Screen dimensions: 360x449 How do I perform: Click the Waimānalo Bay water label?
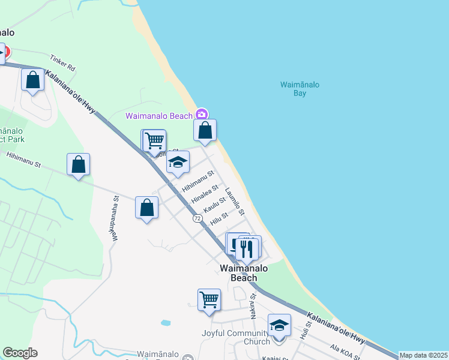point(300,89)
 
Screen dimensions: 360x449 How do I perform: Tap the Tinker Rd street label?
point(62,63)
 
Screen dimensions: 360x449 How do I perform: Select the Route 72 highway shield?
point(197,218)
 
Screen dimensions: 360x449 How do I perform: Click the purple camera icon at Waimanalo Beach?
point(202,115)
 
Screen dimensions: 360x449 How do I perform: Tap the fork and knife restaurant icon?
point(247,248)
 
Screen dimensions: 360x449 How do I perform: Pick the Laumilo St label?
point(235,202)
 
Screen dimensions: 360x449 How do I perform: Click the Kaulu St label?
point(214,204)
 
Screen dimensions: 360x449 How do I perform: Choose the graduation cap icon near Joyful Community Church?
point(279,326)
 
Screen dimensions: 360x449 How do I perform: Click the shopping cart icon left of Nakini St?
point(209,299)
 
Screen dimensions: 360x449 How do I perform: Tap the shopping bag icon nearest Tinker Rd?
point(32,80)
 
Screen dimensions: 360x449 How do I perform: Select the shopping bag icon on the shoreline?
point(205,130)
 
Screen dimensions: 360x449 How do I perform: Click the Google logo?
point(20,353)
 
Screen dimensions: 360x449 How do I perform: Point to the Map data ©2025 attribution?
point(423,355)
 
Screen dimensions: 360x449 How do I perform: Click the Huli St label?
point(307,331)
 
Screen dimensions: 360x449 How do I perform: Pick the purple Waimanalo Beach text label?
point(159,116)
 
